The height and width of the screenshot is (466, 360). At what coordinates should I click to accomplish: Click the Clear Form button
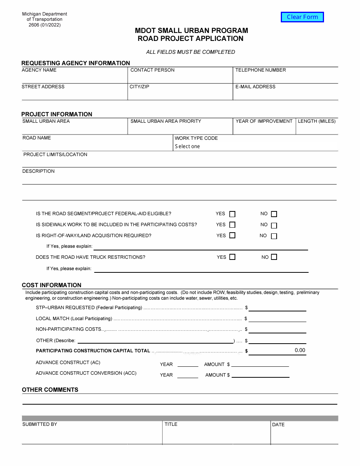tap(302, 17)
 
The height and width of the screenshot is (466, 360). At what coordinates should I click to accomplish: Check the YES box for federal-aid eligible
tap(232, 214)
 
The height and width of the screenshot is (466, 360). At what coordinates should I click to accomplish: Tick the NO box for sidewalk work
tap(274, 225)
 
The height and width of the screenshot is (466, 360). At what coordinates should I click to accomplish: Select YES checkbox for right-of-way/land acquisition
tap(232, 235)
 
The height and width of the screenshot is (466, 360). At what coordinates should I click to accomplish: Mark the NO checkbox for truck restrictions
tap(274, 257)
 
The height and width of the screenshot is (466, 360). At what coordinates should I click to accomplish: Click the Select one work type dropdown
tap(188, 147)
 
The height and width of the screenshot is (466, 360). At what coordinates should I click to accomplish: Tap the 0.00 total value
tap(300, 350)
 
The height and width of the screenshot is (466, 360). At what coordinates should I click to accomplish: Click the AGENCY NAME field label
tap(39, 70)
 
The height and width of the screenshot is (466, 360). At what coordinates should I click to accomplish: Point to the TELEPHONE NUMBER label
tap(260, 70)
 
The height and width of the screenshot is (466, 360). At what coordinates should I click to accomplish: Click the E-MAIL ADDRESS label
tap(255, 87)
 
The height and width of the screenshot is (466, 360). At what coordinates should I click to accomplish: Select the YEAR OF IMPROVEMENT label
tap(264, 121)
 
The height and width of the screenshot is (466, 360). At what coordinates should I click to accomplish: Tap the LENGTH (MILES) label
tap(317, 121)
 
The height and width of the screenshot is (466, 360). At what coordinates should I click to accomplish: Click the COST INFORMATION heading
tap(52, 285)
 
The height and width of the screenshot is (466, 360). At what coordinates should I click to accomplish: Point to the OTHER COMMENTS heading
tap(50, 390)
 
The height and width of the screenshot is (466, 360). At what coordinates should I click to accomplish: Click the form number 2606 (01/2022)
tap(44, 25)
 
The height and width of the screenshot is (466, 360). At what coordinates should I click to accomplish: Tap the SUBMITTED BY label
tap(39, 424)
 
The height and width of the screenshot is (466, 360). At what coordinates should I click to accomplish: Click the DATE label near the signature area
tap(278, 425)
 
